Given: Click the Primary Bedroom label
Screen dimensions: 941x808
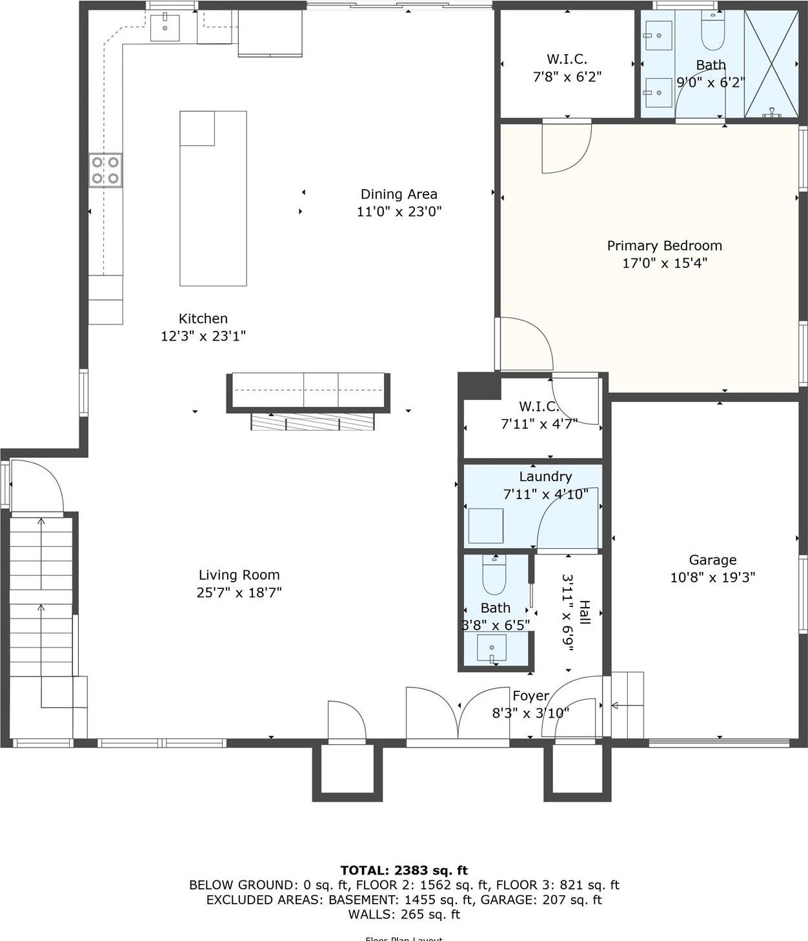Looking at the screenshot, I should pyautogui.click(x=664, y=246).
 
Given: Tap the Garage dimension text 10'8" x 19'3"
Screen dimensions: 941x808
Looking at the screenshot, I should pyautogui.click(x=712, y=577).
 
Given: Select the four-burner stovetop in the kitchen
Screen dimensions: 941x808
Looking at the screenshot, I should pyautogui.click(x=105, y=170).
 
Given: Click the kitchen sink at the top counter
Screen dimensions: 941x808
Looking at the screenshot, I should pyautogui.click(x=165, y=27).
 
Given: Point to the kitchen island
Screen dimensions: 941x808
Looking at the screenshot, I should pyautogui.click(x=213, y=199).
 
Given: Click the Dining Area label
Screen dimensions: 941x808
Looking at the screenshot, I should pyautogui.click(x=399, y=194).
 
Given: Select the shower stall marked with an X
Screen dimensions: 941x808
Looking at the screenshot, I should pyautogui.click(x=771, y=64).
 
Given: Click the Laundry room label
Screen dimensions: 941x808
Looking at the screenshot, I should pyautogui.click(x=545, y=477).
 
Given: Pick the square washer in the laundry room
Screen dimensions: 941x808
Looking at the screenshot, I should pyautogui.click(x=485, y=526).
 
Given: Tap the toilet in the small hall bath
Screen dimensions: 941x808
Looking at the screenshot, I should pyautogui.click(x=494, y=575).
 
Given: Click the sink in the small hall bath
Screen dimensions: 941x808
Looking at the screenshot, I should pyautogui.click(x=492, y=648).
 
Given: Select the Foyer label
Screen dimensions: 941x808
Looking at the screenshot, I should pyautogui.click(x=530, y=696).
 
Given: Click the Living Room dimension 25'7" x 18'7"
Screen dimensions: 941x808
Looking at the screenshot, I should pyautogui.click(x=239, y=593).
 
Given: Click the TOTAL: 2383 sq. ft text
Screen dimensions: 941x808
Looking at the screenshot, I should pyautogui.click(x=404, y=870).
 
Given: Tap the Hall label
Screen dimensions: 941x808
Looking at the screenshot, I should pyautogui.click(x=584, y=612).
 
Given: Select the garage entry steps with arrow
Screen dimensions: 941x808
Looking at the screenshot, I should pyautogui.click(x=627, y=705).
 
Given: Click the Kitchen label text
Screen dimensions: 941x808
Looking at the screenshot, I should pyautogui.click(x=203, y=319).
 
